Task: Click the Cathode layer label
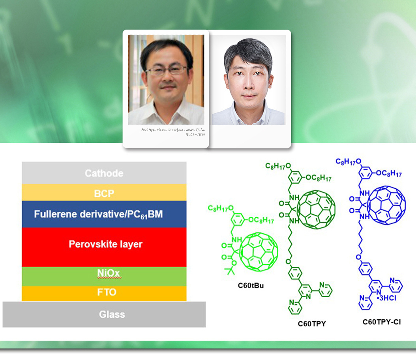point(104,173)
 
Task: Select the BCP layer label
point(104,194)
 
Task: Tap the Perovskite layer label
point(106,244)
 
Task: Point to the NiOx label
point(109,273)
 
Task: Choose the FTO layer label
point(107,292)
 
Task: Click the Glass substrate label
point(112,314)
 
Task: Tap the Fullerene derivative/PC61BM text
point(98,214)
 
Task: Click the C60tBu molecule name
point(251,285)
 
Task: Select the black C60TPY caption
point(312,324)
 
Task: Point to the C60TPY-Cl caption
point(382,322)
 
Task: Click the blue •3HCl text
point(386,298)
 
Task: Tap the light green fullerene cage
point(259,252)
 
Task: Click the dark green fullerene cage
point(316,209)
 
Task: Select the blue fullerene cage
point(386,205)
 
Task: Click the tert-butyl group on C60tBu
point(230,270)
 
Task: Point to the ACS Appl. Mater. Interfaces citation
point(173,132)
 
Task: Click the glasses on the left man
point(167,70)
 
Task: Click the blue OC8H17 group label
point(389,174)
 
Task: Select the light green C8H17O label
point(221,208)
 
